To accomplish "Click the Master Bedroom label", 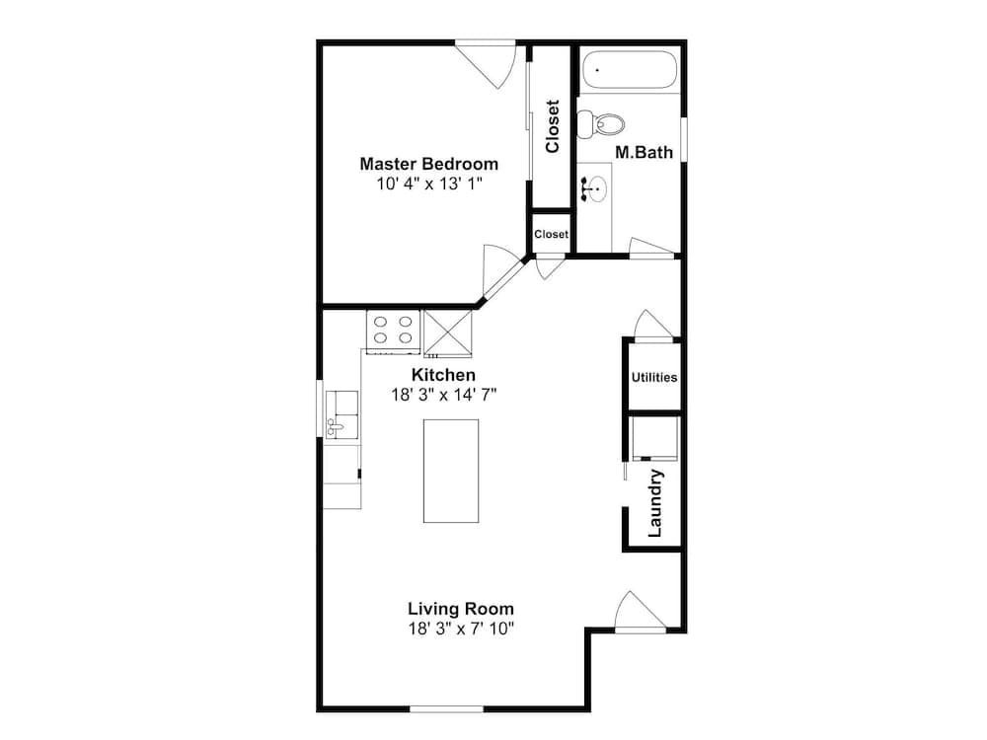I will pos(428,164).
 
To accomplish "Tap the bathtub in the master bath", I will pos(629,71).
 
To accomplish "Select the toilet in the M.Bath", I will pos(603,124).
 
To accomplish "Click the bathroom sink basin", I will pos(595,187).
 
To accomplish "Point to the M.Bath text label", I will pos(644,152).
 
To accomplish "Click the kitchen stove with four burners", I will pos(393,332).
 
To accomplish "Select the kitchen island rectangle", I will pos(451,471).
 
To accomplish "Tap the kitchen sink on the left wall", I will pos(342,413).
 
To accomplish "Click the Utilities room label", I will pos(653,377).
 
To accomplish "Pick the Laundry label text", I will pos(654,503).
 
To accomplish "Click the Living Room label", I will pos(461,609).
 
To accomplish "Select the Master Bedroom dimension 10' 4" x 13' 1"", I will pos(428,184).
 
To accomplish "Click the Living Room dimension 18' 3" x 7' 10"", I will pos(461,629).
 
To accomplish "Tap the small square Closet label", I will pos(551,235).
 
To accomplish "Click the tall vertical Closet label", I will pos(553,126).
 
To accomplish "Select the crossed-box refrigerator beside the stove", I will pos(449,333).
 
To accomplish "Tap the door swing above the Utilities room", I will pos(652,325).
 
